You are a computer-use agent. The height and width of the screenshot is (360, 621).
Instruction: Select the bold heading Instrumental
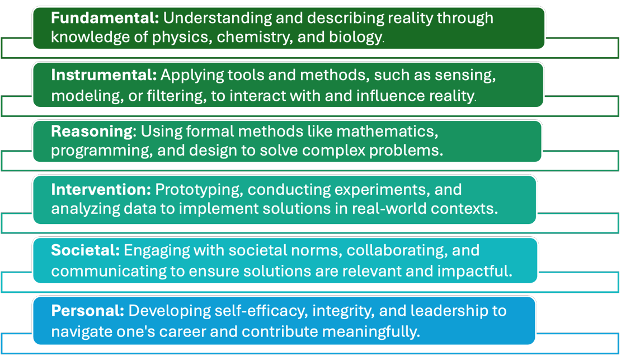pos(103,75)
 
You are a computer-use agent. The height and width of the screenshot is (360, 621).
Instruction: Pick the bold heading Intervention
pos(101,189)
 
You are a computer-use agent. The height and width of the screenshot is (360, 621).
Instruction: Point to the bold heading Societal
pos(85,250)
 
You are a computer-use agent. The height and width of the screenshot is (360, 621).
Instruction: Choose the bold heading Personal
pos(87,311)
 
